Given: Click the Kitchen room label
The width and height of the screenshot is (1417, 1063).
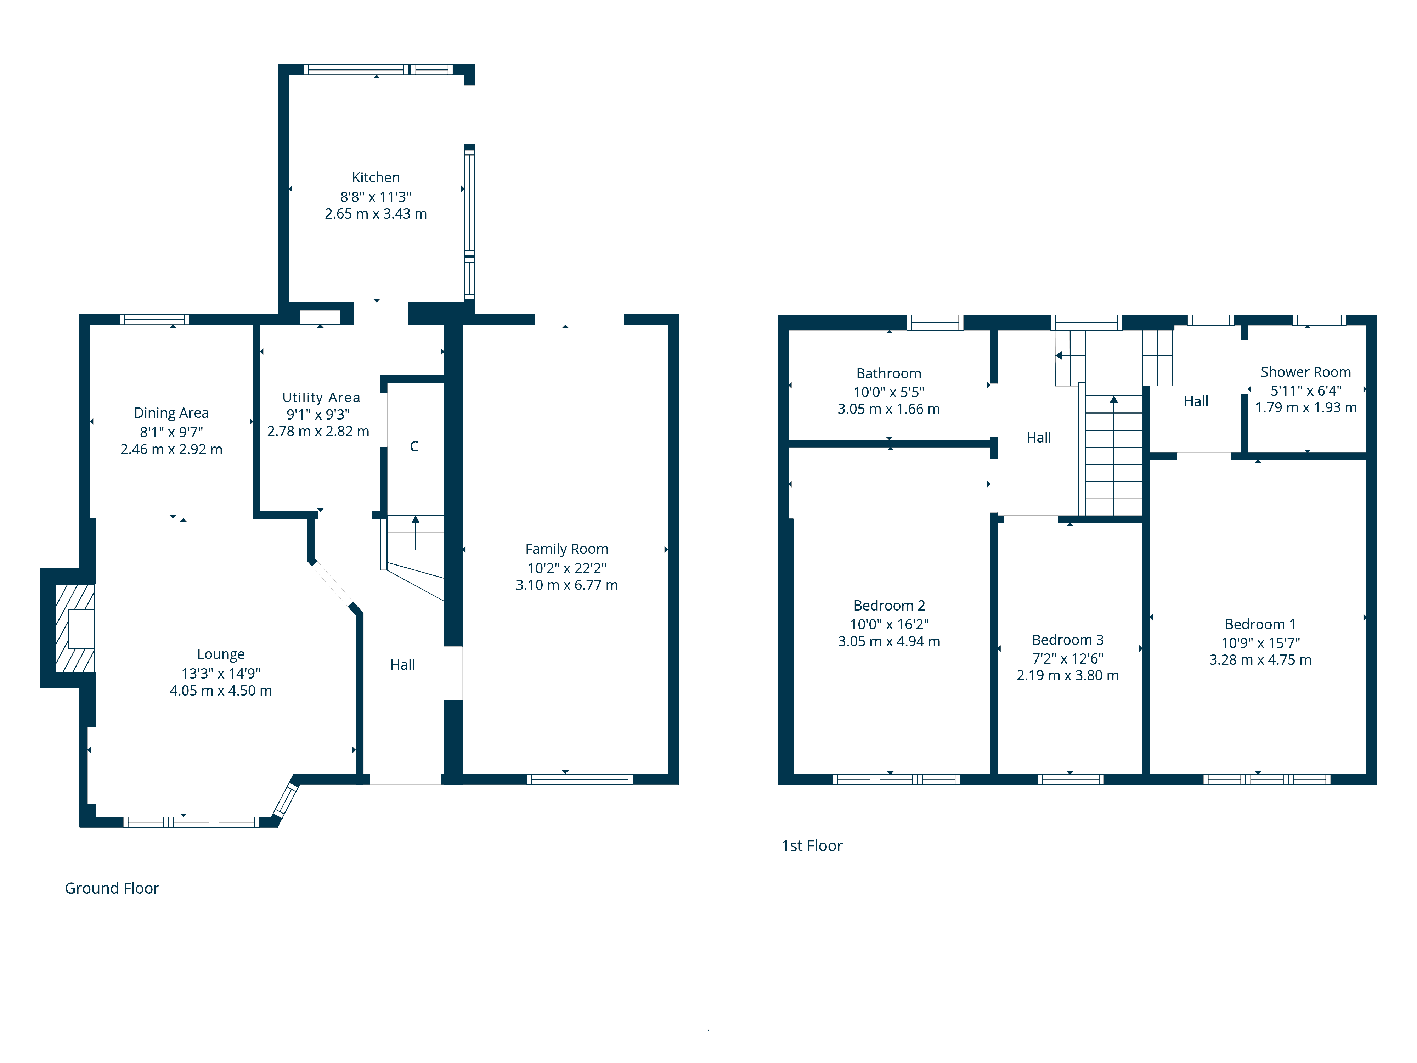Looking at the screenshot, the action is pyautogui.click(x=376, y=178).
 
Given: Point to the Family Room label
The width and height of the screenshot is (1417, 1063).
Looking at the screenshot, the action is pyautogui.click(x=566, y=549).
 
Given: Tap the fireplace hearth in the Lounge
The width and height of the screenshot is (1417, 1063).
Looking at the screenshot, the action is pyautogui.click(x=75, y=628).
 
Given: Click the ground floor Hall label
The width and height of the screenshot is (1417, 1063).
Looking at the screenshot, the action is pyautogui.click(x=402, y=664).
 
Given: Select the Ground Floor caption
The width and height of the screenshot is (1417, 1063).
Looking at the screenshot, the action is pyautogui.click(x=112, y=888).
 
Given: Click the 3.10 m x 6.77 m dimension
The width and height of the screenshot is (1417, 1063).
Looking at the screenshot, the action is pyautogui.click(x=566, y=585).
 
